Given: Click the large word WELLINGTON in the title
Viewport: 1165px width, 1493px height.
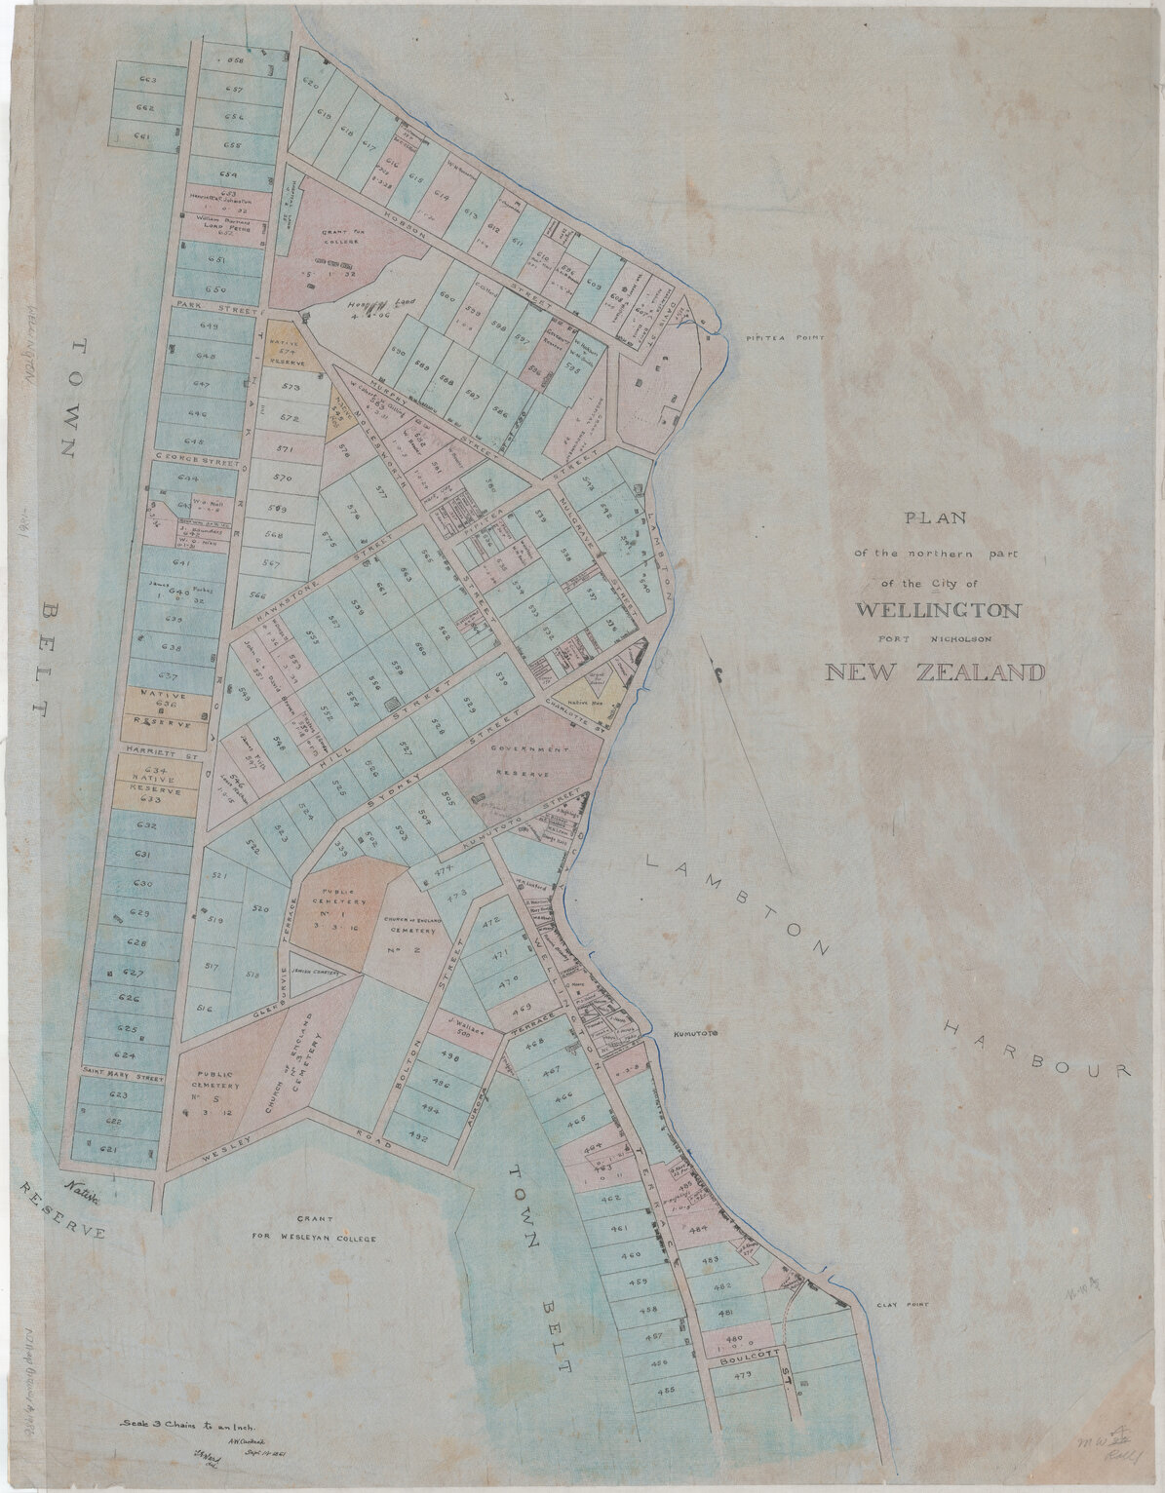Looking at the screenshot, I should [x=939, y=611].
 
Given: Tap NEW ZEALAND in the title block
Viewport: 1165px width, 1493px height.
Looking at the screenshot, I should [x=935, y=671].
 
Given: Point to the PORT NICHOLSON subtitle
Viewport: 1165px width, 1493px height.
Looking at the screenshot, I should [x=935, y=639].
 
